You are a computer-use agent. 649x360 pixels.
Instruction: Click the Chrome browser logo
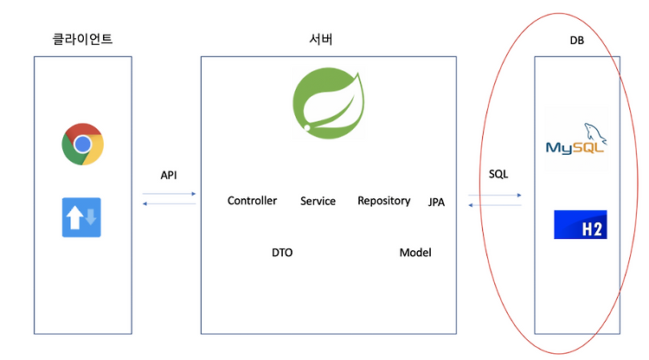pos(82,144)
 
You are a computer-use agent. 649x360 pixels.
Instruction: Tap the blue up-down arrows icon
pos(81,217)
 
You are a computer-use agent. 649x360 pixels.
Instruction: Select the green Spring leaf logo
pos(329,104)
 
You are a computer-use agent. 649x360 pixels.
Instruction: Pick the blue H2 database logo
pos(581,224)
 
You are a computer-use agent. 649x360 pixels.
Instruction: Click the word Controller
pos(252,201)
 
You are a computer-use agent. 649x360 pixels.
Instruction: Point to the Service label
pos(318,201)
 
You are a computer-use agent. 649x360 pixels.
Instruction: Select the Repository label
pos(384,201)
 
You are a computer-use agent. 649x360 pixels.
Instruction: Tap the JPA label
pos(436,202)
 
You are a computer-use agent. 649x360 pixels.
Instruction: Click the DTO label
pos(282,253)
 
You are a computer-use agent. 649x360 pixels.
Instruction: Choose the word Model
pos(415,253)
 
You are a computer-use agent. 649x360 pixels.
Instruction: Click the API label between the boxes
pos(169,175)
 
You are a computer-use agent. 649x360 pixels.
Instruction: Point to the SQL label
pos(498,174)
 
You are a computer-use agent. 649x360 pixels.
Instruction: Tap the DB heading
pos(577,40)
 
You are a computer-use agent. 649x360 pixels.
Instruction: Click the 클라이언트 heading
pos(82,39)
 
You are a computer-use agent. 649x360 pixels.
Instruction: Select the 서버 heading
pos(321,39)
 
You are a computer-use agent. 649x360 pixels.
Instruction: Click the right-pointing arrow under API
pos(169,194)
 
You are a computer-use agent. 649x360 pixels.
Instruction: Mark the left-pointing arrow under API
pos(169,203)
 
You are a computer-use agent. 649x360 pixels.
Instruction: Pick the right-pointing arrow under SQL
pos(495,195)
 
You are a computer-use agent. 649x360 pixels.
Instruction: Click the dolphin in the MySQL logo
pos(595,133)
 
